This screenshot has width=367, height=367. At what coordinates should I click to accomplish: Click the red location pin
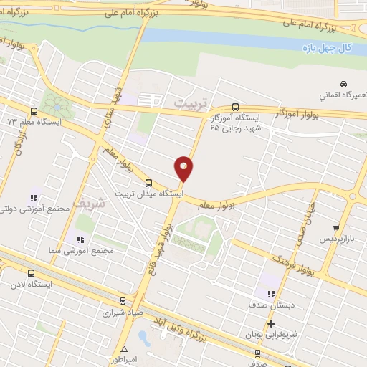pyautogui.click(x=184, y=168)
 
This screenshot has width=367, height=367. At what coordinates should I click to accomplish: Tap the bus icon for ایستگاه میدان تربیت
pyautogui.click(x=148, y=183)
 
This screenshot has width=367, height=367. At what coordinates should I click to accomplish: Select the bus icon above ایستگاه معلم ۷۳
pyautogui.click(x=34, y=111)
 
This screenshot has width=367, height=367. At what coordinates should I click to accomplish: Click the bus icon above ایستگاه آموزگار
pyautogui.click(x=237, y=104)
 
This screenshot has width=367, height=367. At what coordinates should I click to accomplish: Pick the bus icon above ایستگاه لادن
pyautogui.click(x=31, y=273)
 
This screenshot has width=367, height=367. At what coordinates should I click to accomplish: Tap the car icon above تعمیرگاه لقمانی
pyautogui.click(x=344, y=83)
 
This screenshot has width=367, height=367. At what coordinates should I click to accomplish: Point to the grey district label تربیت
pyautogui.click(x=190, y=104)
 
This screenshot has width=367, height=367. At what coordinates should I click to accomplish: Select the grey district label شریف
pyautogui.click(x=110, y=203)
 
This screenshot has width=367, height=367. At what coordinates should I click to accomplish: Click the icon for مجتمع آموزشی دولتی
pyautogui.click(x=34, y=198)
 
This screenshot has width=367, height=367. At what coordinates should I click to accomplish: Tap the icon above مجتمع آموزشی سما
pyautogui.click(x=80, y=239)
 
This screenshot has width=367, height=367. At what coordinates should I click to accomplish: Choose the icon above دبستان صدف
pyautogui.click(x=270, y=293)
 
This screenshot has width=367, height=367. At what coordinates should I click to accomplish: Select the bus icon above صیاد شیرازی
pyautogui.click(x=123, y=302)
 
